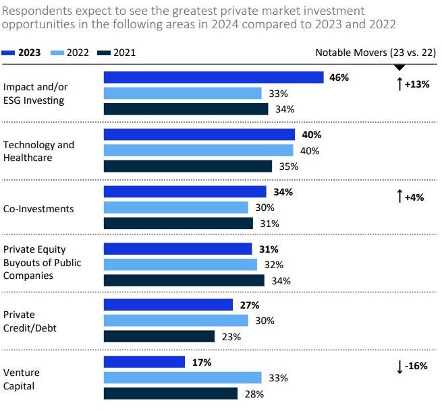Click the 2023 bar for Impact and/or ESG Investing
point(213,77)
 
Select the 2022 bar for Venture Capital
point(182,377)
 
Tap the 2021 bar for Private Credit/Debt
point(159,336)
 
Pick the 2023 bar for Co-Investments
point(185,192)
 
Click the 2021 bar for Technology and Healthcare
point(188,166)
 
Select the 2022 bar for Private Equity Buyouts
point(180,264)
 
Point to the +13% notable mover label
point(412,84)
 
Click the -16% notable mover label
point(412,367)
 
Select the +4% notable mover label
point(412,197)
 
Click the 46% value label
point(339,77)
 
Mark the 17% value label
point(201,362)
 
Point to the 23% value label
point(231,336)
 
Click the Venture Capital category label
point(23,379)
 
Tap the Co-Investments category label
point(38,209)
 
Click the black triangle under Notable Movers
point(399,66)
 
